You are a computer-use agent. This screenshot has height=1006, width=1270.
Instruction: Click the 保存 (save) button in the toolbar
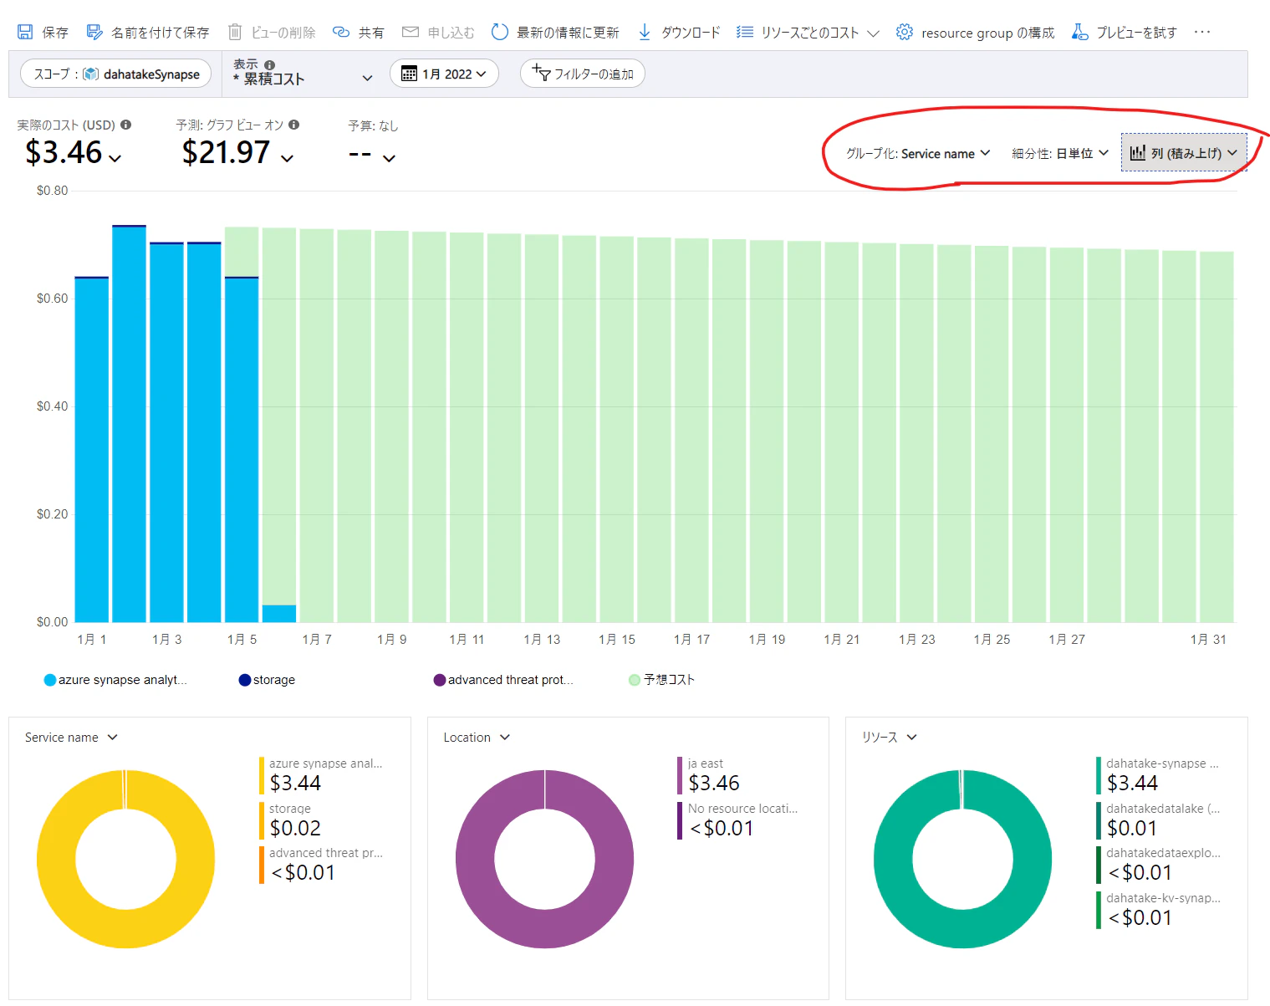pos(43,32)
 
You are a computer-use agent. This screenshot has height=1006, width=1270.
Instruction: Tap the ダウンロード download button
pos(679,32)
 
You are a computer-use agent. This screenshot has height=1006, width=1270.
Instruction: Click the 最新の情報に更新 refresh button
pos(555,32)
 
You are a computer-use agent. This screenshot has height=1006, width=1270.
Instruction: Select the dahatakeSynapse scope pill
pos(115,74)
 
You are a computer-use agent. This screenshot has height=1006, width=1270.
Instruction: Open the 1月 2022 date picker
pos(444,74)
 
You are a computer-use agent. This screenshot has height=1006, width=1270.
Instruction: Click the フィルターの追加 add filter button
pos(582,74)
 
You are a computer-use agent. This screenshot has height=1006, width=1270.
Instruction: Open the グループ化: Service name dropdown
pos(918,154)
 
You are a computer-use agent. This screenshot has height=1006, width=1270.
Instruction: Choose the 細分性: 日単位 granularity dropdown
pos(1060,154)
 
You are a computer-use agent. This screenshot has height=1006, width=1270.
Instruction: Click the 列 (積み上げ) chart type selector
pos(1183,153)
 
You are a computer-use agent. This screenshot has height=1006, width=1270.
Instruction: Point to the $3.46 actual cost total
pos(64,152)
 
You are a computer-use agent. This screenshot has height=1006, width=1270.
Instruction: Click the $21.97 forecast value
pos(226,152)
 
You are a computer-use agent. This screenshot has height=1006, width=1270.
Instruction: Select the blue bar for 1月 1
pos(91,450)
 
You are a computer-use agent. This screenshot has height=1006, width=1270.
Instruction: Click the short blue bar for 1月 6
pos(279,614)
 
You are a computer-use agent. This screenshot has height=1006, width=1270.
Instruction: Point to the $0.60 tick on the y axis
pos(52,299)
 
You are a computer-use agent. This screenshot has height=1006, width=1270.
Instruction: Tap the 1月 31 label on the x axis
pos(1208,640)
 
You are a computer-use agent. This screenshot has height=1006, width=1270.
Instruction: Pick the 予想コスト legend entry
pos(661,680)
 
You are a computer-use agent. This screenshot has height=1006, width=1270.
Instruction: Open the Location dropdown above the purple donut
pos(477,738)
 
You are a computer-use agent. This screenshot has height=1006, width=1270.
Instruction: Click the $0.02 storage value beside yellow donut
pos(295,828)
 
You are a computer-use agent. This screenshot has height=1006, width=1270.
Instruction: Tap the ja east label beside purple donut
pos(705,763)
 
